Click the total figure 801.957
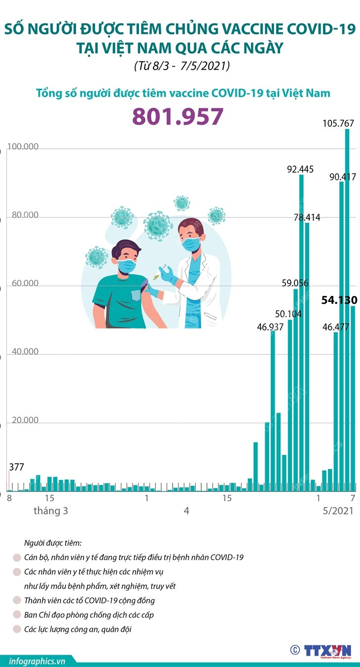pyautogui.click(x=178, y=117)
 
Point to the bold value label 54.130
pyautogui.click(x=339, y=300)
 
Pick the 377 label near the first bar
pyautogui.click(x=16, y=467)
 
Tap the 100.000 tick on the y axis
pyautogui.click(x=23, y=148)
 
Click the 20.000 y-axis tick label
pyautogui.click(x=23, y=420)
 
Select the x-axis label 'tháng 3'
pyautogui.click(x=51, y=511)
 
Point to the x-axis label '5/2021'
pyautogui.click(x=335, y=511)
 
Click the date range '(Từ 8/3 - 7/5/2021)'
pyautogui.click(x=182, y=66)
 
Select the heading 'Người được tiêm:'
pyautogui.click(x=53, y=543)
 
